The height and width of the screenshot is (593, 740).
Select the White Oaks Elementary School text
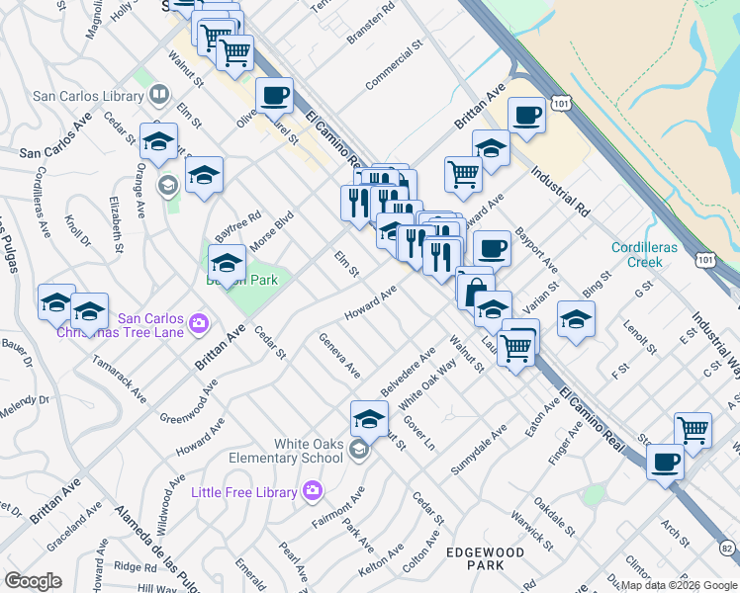(286, 451)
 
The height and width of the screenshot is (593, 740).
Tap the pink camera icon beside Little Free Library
(313, 490)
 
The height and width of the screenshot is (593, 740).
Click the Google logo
(33, 581)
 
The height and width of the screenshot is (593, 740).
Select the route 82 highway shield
(727, 547)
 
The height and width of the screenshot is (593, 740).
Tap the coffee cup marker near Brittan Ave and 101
(526, 116)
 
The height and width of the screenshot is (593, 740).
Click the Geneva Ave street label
(339, 360)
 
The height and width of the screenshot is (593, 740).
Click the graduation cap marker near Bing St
(576, 319)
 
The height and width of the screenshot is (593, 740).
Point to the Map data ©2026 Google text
(680, 584)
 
